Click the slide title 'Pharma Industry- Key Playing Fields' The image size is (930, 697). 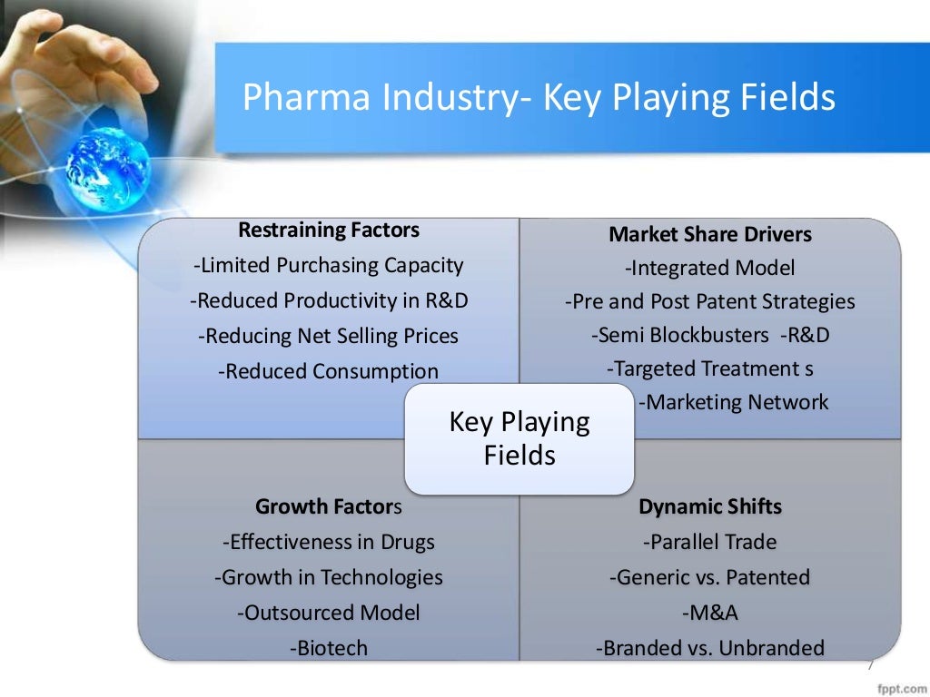click(538, 97)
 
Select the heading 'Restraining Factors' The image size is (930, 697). click(329, 231)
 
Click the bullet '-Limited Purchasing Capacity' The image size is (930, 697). click(329, 265)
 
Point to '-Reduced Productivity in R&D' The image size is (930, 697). click(329, 300)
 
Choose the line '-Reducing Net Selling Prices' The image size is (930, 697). click(329, 336)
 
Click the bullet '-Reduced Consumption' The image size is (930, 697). click(329, 371)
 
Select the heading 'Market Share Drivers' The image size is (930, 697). click(709, 234)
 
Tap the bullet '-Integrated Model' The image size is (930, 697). click(709, 268)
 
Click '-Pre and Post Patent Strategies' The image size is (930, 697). click(709, 301)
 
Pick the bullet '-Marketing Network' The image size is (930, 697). click(733, 402)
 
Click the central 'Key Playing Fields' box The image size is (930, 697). click(519, 438)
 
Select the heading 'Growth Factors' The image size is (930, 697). click(329, 506)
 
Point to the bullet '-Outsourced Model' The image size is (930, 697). click(329, 613)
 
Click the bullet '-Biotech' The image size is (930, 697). click(329, 648)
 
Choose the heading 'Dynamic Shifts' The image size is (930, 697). click(709, 506)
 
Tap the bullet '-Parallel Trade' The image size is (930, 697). click(709, 542)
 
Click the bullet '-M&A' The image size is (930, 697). click(709, 613)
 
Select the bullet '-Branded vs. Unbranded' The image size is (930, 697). click(709, 648)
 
